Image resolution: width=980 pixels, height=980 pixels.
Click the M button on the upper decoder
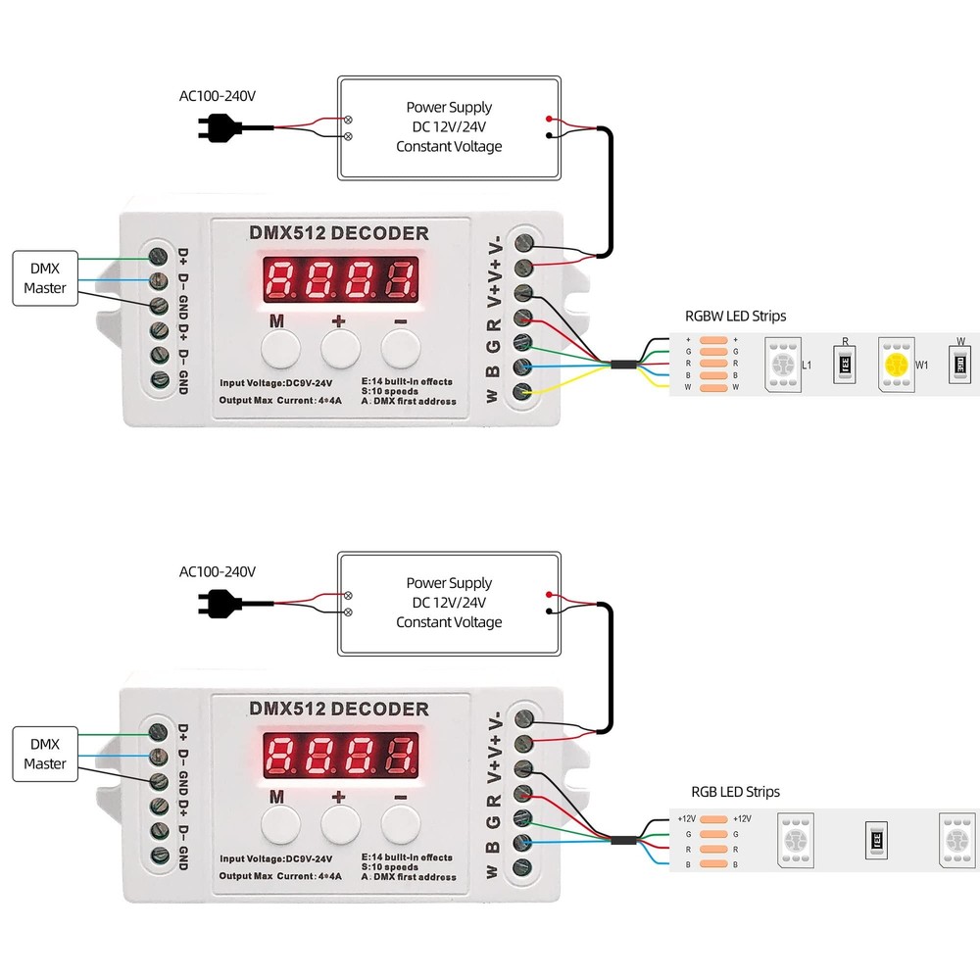[x=279, y=348]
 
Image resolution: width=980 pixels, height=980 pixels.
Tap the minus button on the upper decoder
[x=400, y=348]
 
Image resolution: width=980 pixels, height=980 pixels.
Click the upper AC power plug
[x=221, y=127]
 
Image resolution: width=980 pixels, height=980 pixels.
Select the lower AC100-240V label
[x=218, y=571]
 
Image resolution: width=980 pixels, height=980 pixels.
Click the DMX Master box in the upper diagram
[x=45, y=278]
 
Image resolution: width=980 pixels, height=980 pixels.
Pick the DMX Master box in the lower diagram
[x=45, y=754]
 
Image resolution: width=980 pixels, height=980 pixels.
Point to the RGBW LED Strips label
[x=735, y=317]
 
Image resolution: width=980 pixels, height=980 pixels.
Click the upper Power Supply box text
[x=449, y=126]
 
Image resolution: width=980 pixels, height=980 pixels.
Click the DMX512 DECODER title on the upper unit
[x=339, y=233]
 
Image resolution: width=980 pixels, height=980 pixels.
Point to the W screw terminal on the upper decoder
[x=523, y=393]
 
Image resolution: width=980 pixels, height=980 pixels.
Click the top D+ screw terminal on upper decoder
[x=157, y=256]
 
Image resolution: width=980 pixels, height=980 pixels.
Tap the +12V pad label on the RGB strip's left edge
[x=686, y=818]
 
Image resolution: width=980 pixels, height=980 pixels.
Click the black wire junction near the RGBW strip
[x=622, y=365]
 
